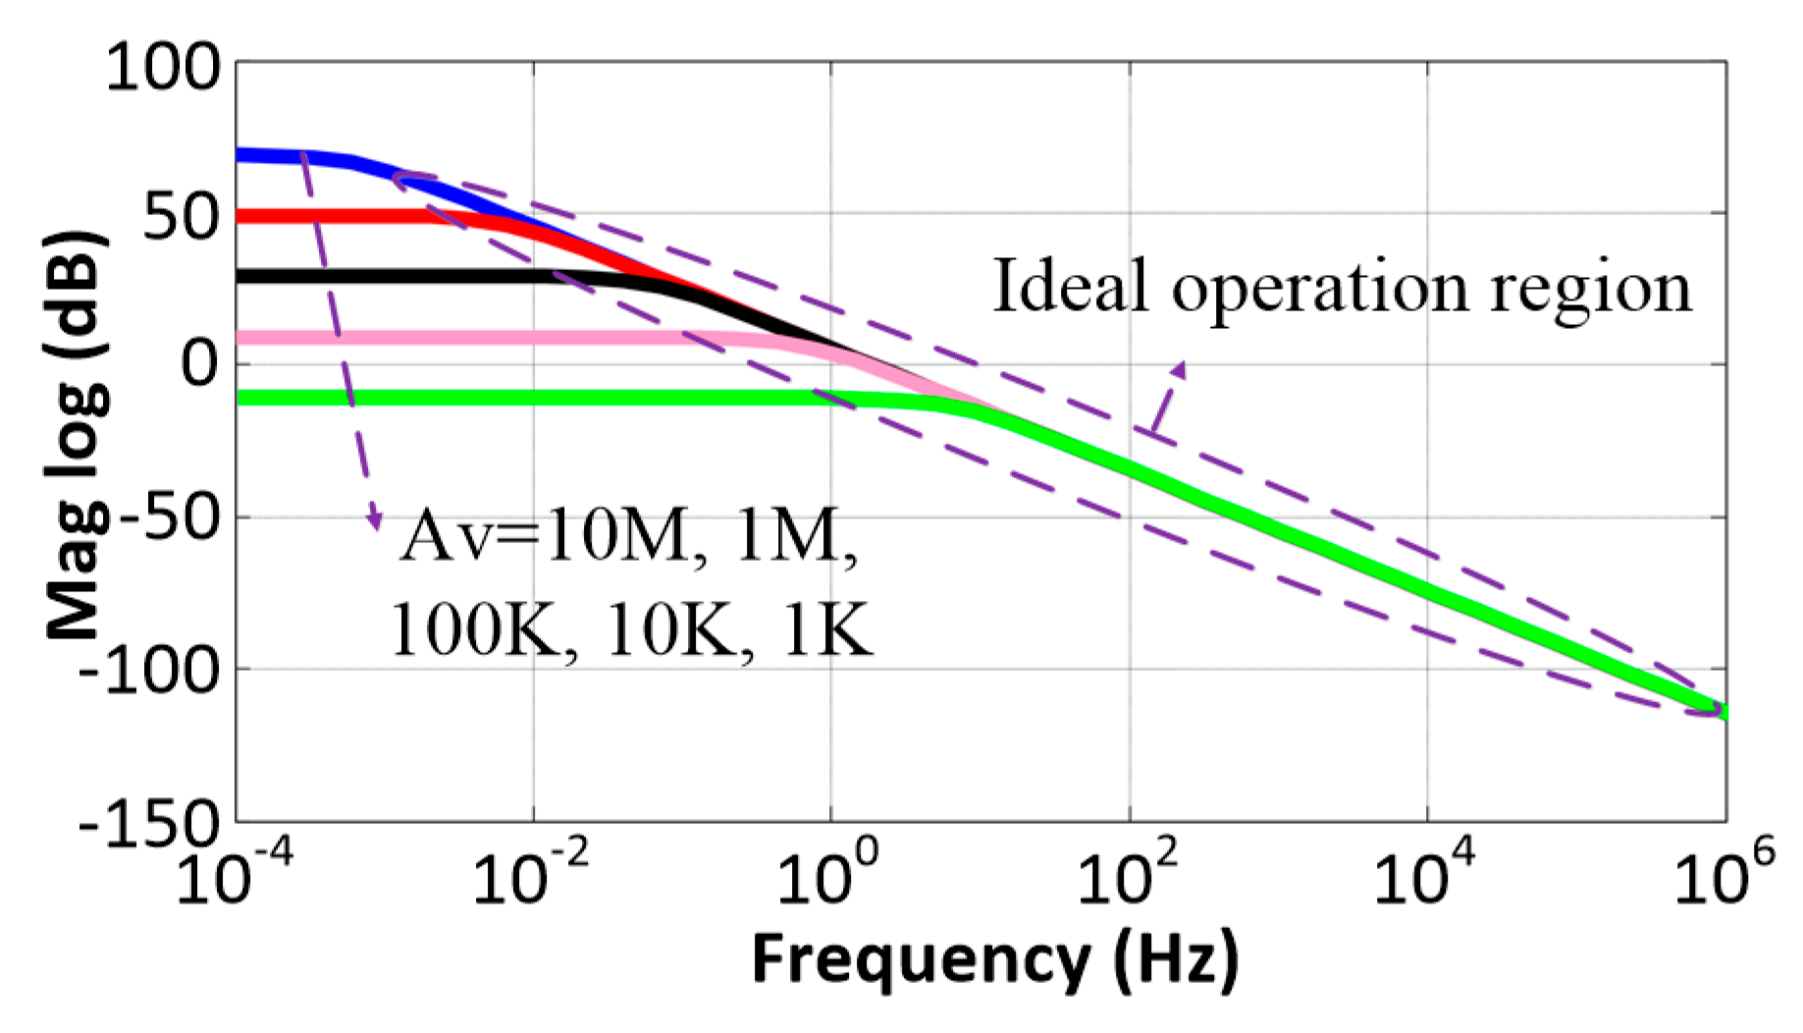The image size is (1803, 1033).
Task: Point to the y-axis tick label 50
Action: click(182, 217)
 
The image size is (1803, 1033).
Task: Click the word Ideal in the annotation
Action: click(1070, 287)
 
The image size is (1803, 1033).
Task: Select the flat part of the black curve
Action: click(393, 276)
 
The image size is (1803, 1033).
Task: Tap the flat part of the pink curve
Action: click(442, 338)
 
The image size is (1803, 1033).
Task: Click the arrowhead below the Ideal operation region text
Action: click(1178, 370)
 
